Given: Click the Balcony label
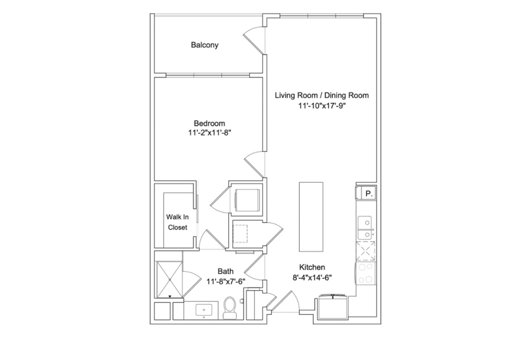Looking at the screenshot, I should pos(204,45).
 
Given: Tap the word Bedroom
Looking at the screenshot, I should pos(209,123).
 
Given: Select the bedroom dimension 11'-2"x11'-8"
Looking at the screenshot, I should pos(210,133).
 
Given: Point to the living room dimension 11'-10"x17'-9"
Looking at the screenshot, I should pos(322,106).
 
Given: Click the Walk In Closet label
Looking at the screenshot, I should pos(177,222).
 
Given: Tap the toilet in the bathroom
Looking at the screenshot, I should pos(230,307).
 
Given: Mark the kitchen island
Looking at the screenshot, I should pos(311,216).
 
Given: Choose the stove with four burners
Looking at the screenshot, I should pos(365,274).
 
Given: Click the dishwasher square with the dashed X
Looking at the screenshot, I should pos(365,251).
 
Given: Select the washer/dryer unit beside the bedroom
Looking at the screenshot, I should pos(247,199).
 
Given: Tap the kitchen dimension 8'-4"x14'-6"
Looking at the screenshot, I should pos(312,277).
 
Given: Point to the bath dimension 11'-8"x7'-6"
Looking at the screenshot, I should pos(226,282).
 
